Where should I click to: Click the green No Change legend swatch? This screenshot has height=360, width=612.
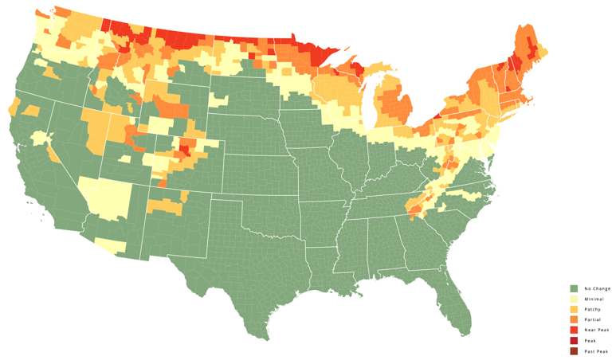point(574,288)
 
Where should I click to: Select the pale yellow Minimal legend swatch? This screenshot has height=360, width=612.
point(574,299)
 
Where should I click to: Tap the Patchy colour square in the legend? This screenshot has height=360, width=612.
point(574,309)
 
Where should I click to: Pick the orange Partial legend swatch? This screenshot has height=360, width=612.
point(574,319)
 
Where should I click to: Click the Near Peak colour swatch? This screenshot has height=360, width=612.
point(574,330)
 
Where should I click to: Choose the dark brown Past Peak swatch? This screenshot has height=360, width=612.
point(574,350)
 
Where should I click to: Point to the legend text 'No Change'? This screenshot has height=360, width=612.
point(597,288)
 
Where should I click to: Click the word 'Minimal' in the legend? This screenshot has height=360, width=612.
point(594,299)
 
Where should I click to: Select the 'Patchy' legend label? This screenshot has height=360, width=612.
point(592,309)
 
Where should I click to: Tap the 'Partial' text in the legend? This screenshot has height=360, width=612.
point(593,319)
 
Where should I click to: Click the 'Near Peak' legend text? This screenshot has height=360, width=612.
point(596,330)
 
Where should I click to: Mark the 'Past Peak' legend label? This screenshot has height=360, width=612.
point(596,350)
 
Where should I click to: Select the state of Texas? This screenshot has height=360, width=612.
point(239,271)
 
